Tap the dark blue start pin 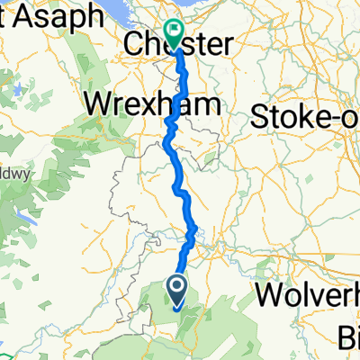176,292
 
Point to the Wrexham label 153,104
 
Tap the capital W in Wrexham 97,104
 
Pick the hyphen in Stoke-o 334,117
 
